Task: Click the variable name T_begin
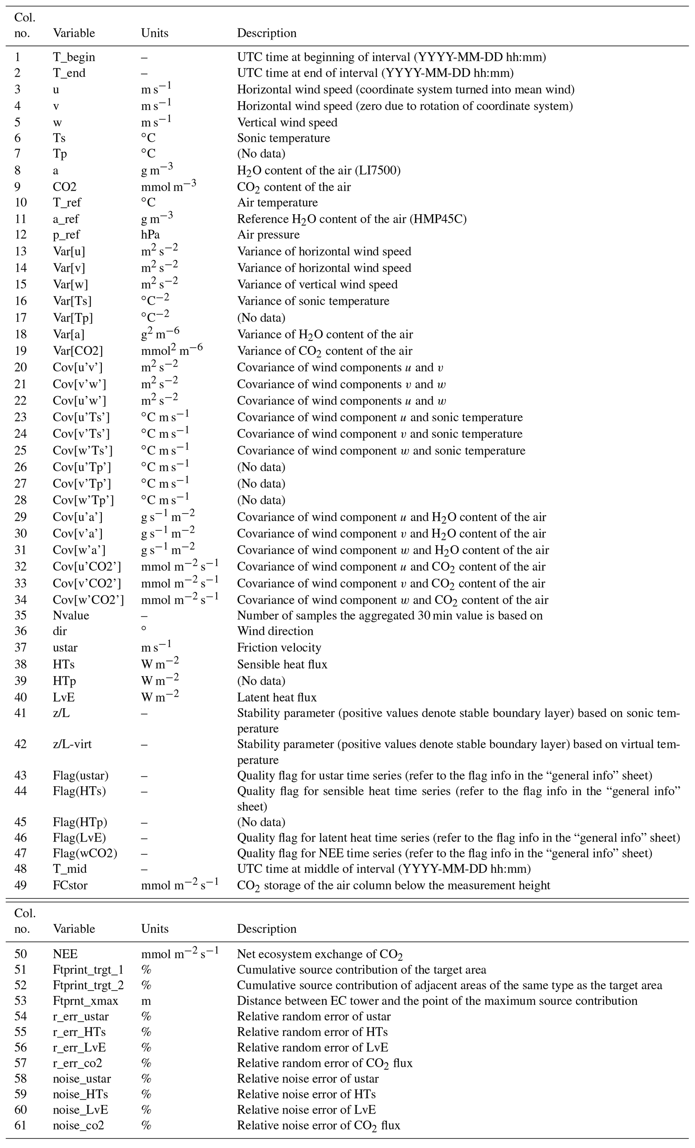74,57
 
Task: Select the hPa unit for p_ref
150,234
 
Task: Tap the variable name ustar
65,648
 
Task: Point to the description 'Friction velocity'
279,648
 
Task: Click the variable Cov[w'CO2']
88,600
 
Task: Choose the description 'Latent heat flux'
277,697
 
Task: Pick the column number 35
21,615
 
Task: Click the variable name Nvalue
71,615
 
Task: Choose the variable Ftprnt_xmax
85,1001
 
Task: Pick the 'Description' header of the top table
266,33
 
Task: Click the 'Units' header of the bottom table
155,928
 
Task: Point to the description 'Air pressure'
268,234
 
